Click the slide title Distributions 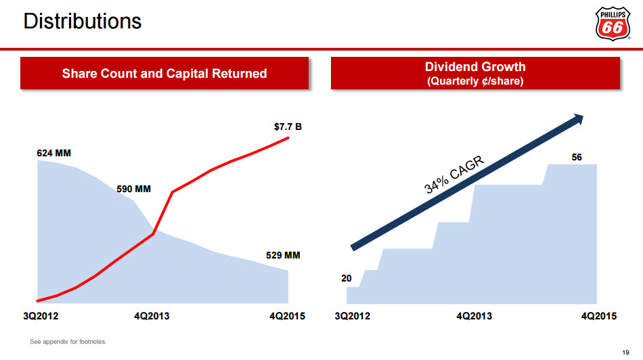[x=83, y=21]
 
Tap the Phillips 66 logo [x=613, y=24]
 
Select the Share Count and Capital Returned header [x=164, y=73]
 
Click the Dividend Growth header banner [x=475, y=73]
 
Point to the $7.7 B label [x=287, y=126]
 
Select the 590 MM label [x=133, y=189]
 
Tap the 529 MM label [x=282, y=256]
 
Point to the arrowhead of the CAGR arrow [x=577, y=120]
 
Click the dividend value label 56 [x=577, y=157]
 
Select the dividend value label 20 [x=346, y=277]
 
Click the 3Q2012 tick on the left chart [x=41, y=316]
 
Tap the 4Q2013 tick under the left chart [x=152, y=316]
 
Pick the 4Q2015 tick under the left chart [x=288, y=316]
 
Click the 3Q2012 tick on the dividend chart [x=353, y=316]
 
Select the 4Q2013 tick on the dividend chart [x=474, y=316]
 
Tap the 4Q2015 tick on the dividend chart [x=599, y=316]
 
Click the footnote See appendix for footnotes [x=68, y=341]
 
